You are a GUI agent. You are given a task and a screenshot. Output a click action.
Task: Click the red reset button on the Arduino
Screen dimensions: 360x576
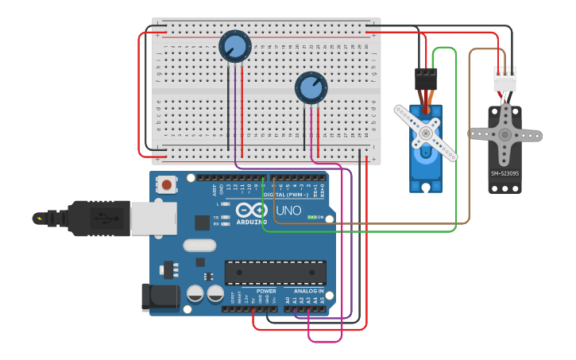tap(167, 185)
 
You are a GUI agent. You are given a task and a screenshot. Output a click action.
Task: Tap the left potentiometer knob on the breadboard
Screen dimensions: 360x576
tap(235, 46)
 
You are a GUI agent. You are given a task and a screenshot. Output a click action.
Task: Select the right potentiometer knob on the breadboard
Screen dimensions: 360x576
tap(311, 87)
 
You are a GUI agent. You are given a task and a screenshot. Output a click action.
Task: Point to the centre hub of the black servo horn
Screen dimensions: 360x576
tap(505, 134)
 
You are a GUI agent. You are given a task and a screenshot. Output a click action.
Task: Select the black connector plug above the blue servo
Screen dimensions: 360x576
tap(426, 79)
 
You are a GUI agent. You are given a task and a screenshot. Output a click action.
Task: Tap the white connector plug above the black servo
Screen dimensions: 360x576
tap(504, 79)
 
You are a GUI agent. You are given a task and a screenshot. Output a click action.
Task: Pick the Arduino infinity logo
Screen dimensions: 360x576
tap(251, 211)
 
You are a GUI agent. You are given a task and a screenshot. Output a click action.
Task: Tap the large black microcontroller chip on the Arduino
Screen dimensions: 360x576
tap(275, 273)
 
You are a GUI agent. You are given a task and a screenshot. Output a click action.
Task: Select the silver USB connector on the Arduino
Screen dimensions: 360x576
tap(153, 219)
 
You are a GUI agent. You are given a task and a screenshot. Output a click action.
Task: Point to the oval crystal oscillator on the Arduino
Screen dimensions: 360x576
tap(199, 246)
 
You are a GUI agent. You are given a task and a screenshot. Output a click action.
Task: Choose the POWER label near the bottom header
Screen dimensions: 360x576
tap(266, 291)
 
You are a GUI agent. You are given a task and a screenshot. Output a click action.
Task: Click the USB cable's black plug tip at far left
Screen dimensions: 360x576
tap(39, 218)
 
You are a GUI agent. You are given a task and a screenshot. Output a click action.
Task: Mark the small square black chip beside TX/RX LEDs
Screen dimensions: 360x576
tap(202, 223)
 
